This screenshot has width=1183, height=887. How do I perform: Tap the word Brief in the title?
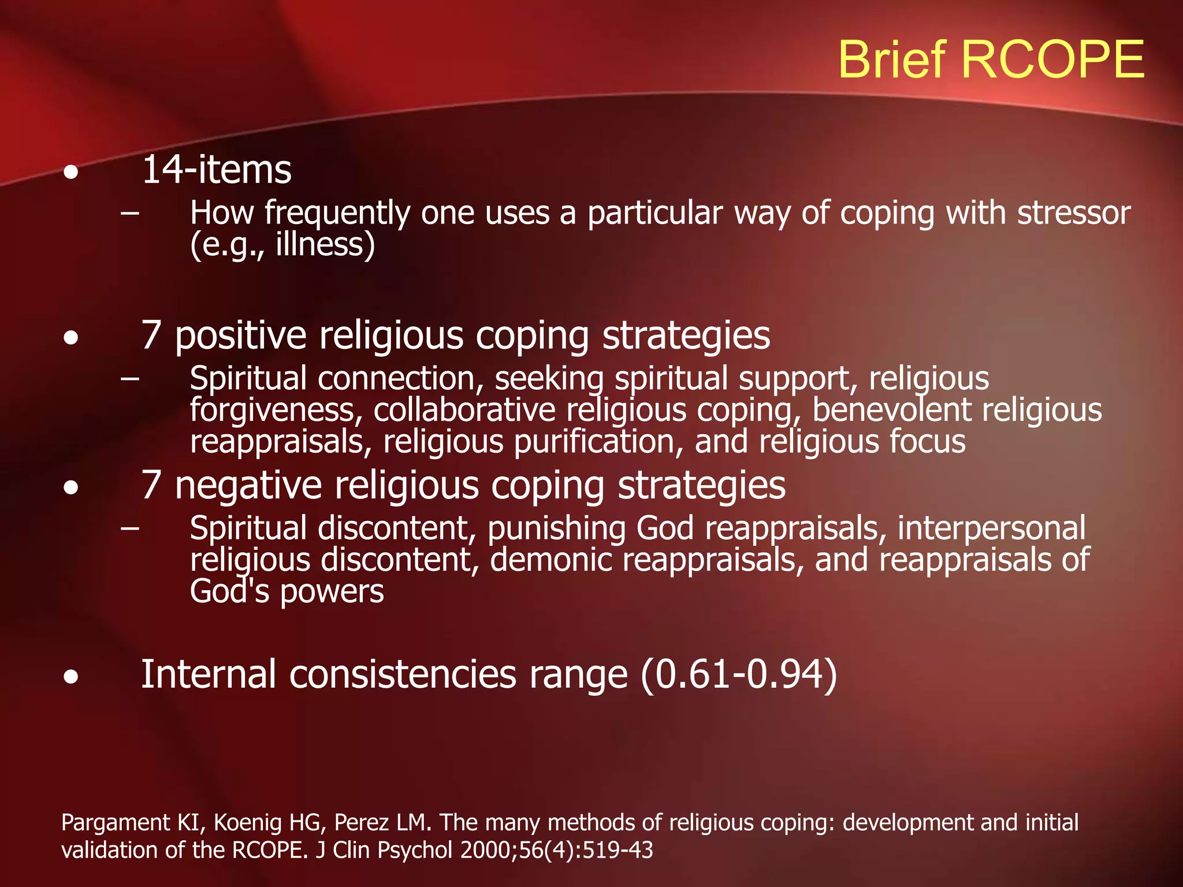(893, 60)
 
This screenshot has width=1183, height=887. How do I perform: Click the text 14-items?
(216, 170)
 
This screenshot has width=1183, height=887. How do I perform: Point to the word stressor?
(1073, 213)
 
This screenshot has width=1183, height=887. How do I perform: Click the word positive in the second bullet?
(240, 336)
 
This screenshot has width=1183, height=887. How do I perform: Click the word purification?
(598, 442)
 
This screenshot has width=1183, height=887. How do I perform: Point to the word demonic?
(551, 560)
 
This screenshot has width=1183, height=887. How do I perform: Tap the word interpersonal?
(991, 529)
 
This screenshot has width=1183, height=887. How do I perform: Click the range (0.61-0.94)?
(738, 674)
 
